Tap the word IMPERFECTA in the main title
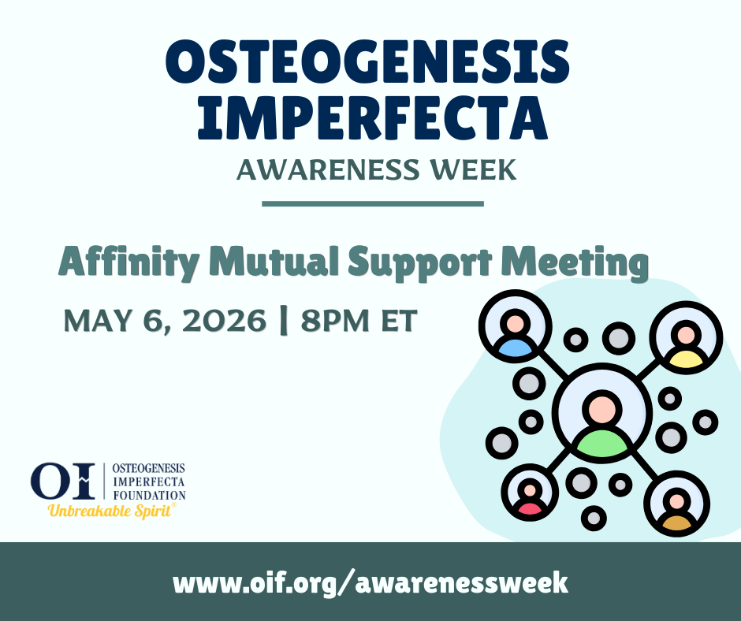(x=371, y=117)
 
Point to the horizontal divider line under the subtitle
(x=371, y=203)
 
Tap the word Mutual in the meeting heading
(x=252, y=261)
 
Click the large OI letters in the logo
(x=64, y=481)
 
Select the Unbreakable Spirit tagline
(x=110, y=510)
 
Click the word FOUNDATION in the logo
(x=150, y=495)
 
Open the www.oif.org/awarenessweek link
(x=370, y=582)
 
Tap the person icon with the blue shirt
(x=515, y=332)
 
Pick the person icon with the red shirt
(x=530, y=495)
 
